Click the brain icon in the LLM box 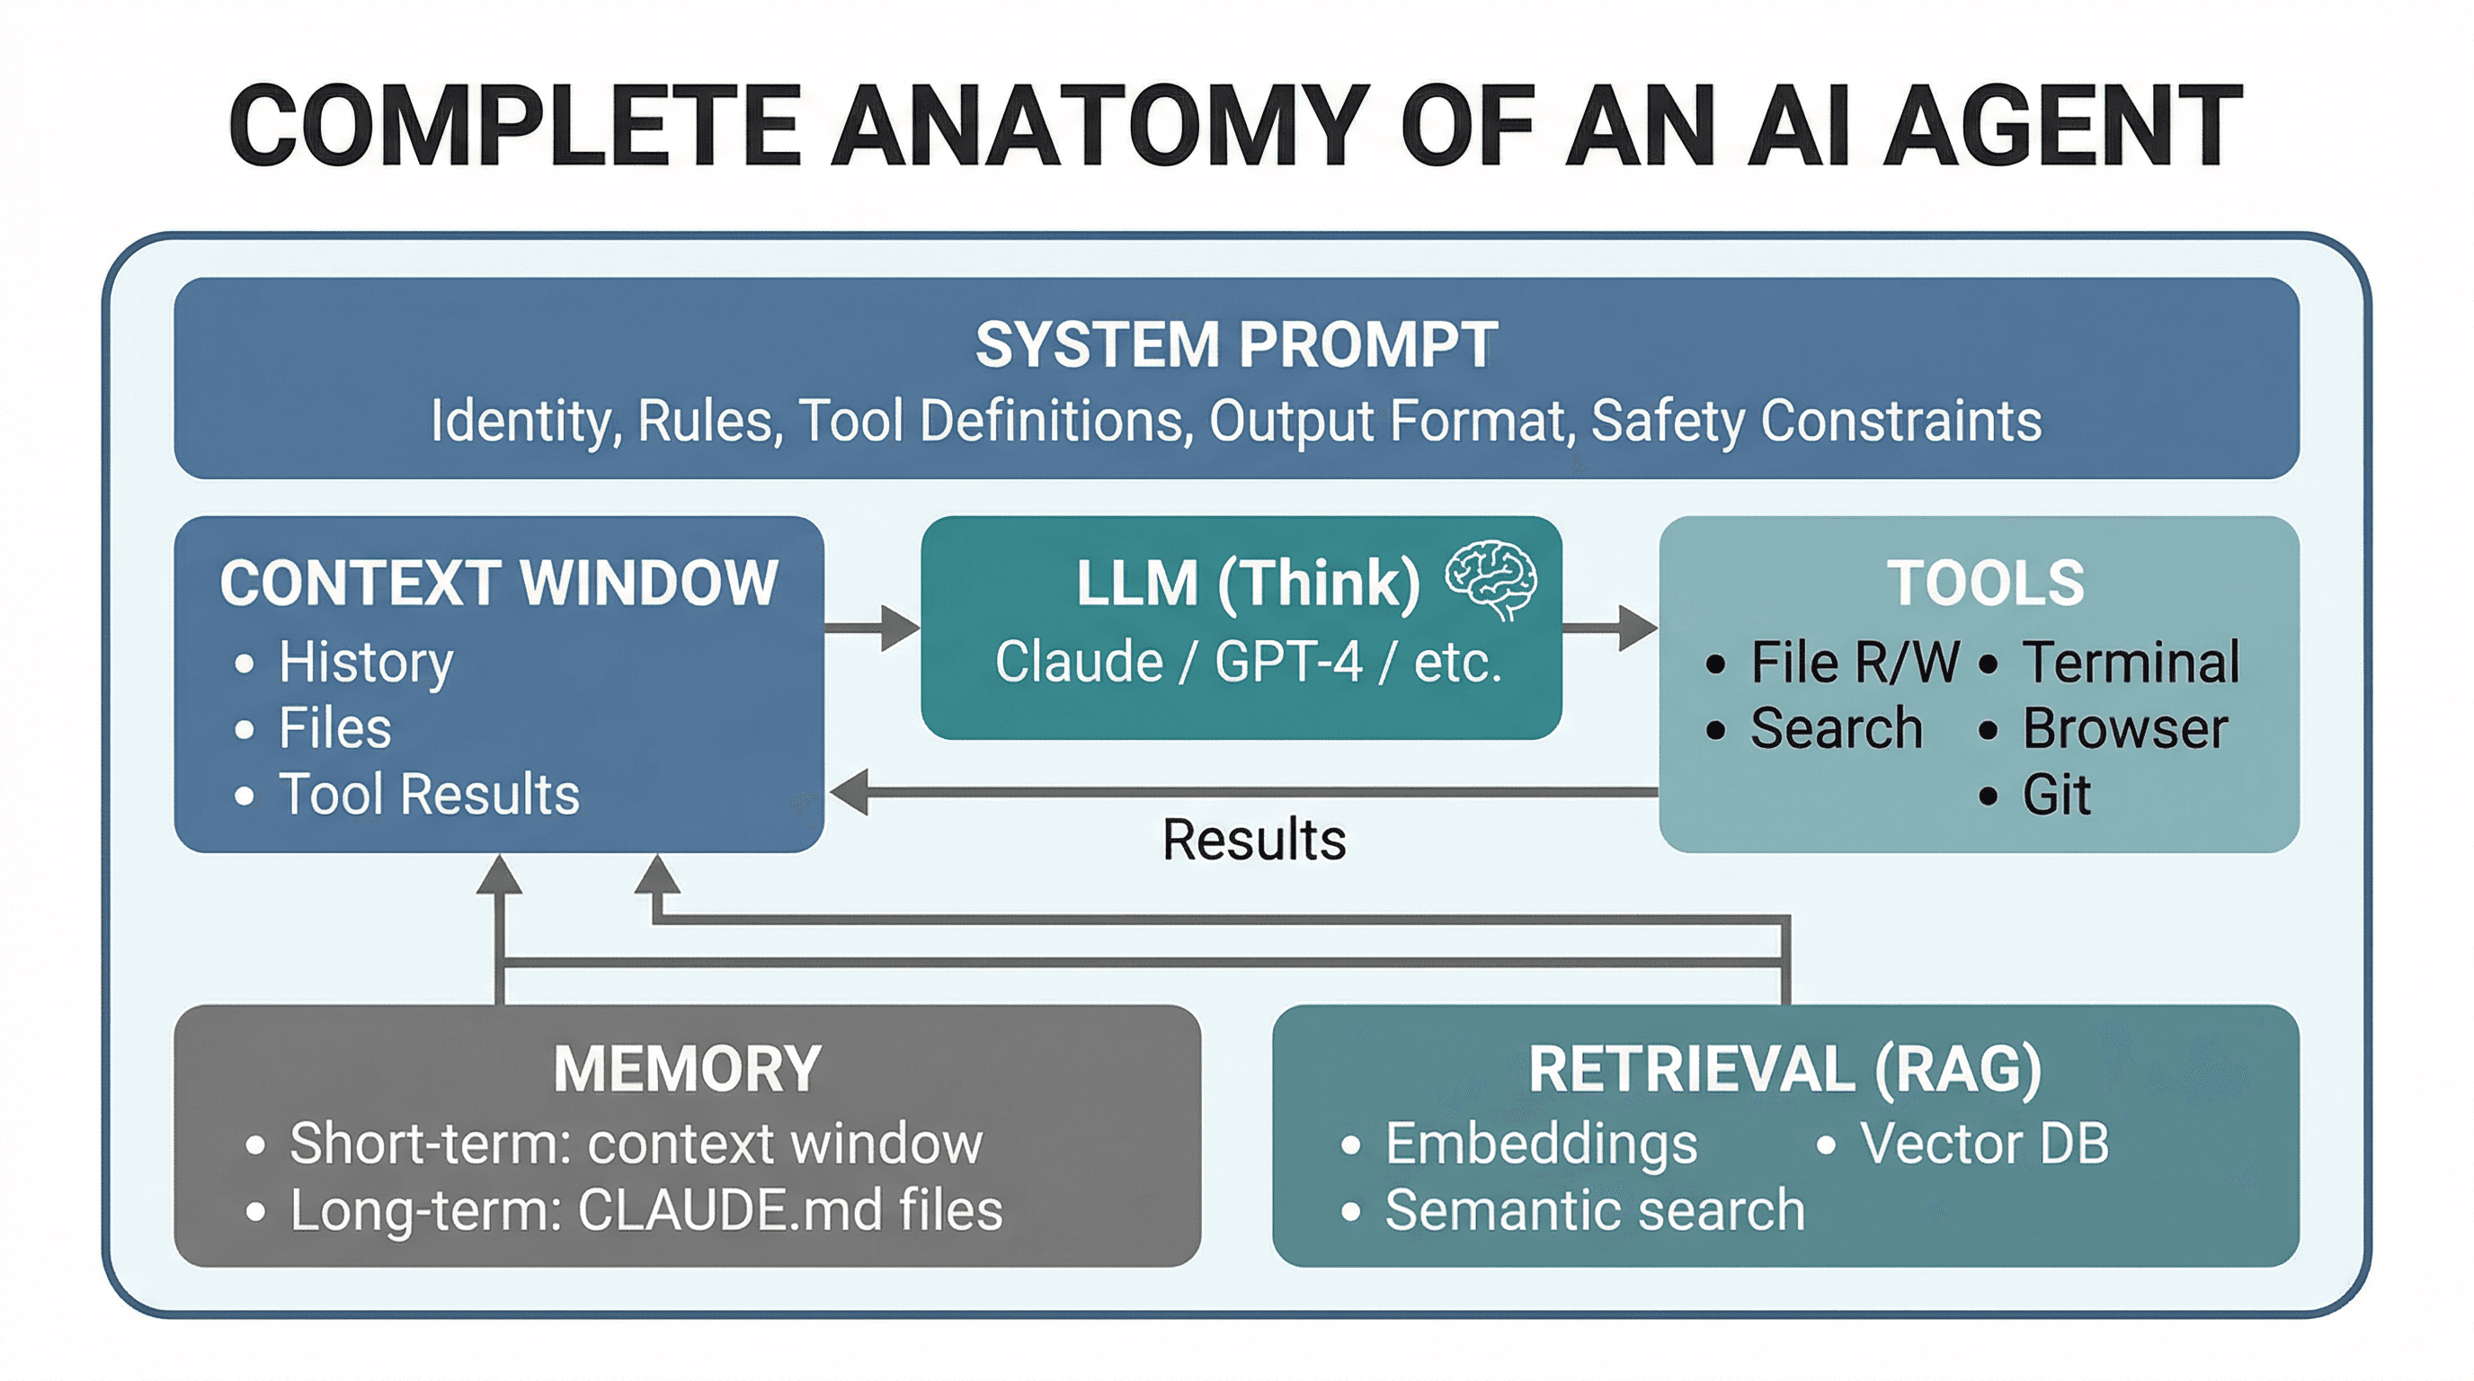[1491, 579]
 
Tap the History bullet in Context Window [365, 662]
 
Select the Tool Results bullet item [428, 794]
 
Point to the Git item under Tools [2055, 794]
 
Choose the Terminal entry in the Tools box [2131, 662]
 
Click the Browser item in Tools [2124, 728]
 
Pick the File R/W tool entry [1854, 662]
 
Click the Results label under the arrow [1253, 840]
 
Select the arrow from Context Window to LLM [872, 628]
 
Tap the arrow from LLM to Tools [1611, 628]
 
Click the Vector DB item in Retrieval [1983, 1143]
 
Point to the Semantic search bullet [1594, 1209]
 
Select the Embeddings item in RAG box [1541, 1143]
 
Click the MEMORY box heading [687, 1069]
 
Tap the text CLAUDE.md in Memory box [730, 1209]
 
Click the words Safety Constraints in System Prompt [1815, 421]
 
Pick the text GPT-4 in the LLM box [1288, 662]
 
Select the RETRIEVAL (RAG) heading [1784, 1069]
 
